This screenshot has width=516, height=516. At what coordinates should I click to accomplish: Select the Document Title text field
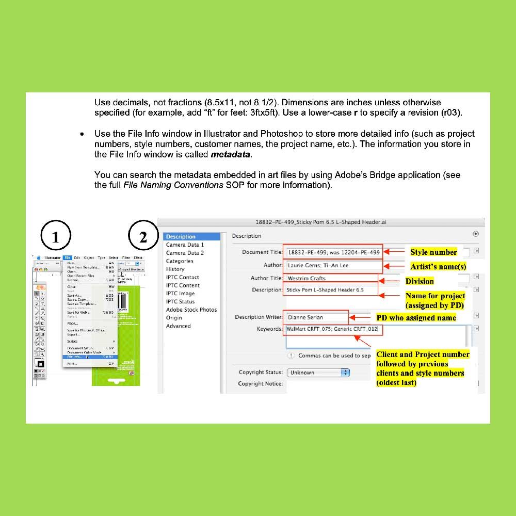pos(333,252)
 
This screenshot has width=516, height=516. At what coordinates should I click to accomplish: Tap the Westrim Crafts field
pos(330,279)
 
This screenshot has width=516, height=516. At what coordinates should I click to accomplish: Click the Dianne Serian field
pos(316,317)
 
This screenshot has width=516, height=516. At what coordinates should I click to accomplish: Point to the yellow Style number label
pos(433,252)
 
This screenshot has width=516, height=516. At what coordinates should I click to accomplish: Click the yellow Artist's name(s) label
pos(438,267)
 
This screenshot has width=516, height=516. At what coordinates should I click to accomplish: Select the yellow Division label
pos(420,281)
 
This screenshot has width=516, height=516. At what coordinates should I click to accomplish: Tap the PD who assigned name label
pos(416,318)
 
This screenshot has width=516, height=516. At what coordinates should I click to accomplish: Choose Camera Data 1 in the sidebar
pos(185,245)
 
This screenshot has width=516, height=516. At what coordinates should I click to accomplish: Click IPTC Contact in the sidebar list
pos(182,277)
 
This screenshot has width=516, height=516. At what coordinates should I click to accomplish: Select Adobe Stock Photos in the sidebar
pos(191,310)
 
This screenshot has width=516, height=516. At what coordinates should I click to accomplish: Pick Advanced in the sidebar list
pos(178,326)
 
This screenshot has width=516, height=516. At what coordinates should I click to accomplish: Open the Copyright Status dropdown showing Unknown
pos(318,373)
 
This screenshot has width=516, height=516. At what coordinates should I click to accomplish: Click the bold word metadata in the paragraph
pos(231,154)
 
